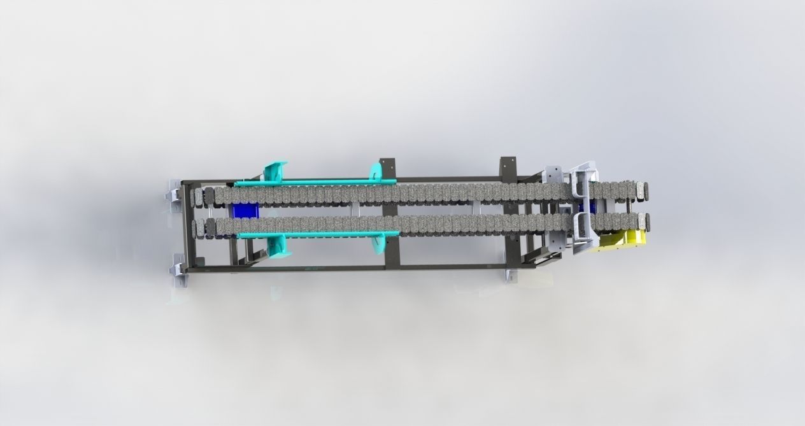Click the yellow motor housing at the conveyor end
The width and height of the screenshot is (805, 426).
pos(621,241)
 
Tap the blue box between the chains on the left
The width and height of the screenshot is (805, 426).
pos(243,211)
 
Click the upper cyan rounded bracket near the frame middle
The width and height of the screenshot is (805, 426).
pos(376,172)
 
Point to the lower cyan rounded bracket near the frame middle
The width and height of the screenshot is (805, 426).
pos(379,243)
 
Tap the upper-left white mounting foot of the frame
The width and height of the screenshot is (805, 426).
pos(173,194)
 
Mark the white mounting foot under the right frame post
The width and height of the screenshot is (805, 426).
pos(511,274)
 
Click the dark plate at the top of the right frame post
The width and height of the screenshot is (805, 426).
pos(508,167)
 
